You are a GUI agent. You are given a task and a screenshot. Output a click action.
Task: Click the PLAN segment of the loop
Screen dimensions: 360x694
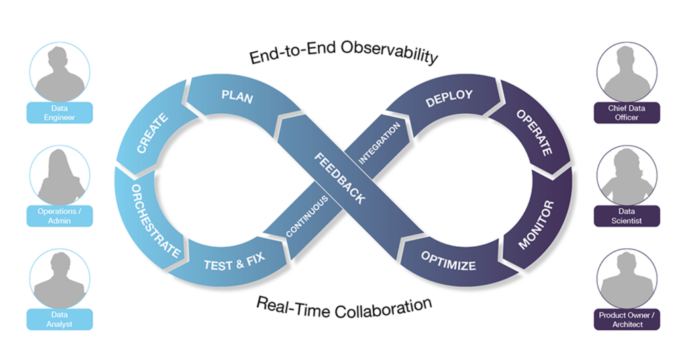237,97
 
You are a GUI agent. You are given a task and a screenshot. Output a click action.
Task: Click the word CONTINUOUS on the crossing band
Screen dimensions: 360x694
307,216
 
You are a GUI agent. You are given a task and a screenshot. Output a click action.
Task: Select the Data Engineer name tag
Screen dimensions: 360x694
60,113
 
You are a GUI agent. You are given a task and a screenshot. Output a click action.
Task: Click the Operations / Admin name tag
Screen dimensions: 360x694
60,216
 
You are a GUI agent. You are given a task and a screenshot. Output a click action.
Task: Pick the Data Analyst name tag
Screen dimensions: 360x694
60,319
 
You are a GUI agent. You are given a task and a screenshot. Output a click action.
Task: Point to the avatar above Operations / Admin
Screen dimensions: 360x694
60,175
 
